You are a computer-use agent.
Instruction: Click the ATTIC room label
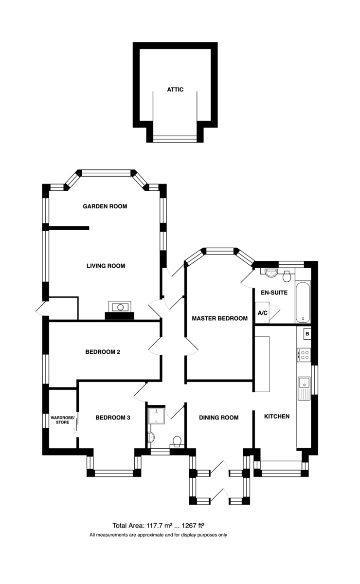tap(175, 90)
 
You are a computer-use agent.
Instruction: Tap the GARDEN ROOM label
tap(105, 206)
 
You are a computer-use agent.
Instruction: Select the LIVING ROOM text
tap(106, 266)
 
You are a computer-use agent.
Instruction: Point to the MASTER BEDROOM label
tap(220, 318)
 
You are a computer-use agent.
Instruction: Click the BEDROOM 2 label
tap(103, 352)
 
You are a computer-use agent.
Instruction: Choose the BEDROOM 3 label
tap(113, 418)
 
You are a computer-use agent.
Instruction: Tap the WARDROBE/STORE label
tap(63, 420)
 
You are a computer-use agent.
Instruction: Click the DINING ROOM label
tap(219, 418)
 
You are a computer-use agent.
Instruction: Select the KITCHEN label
tap(277, 417)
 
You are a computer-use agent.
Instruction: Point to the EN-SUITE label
tap(274, 292)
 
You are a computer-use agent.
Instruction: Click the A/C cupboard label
tap(263, 313)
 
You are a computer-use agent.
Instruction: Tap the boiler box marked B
tap(307, 334)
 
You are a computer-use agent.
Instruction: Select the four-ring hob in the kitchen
tap(304, 355)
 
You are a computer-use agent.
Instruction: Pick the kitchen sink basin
tap(304, 383)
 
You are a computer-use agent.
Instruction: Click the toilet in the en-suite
tap(287, 276)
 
